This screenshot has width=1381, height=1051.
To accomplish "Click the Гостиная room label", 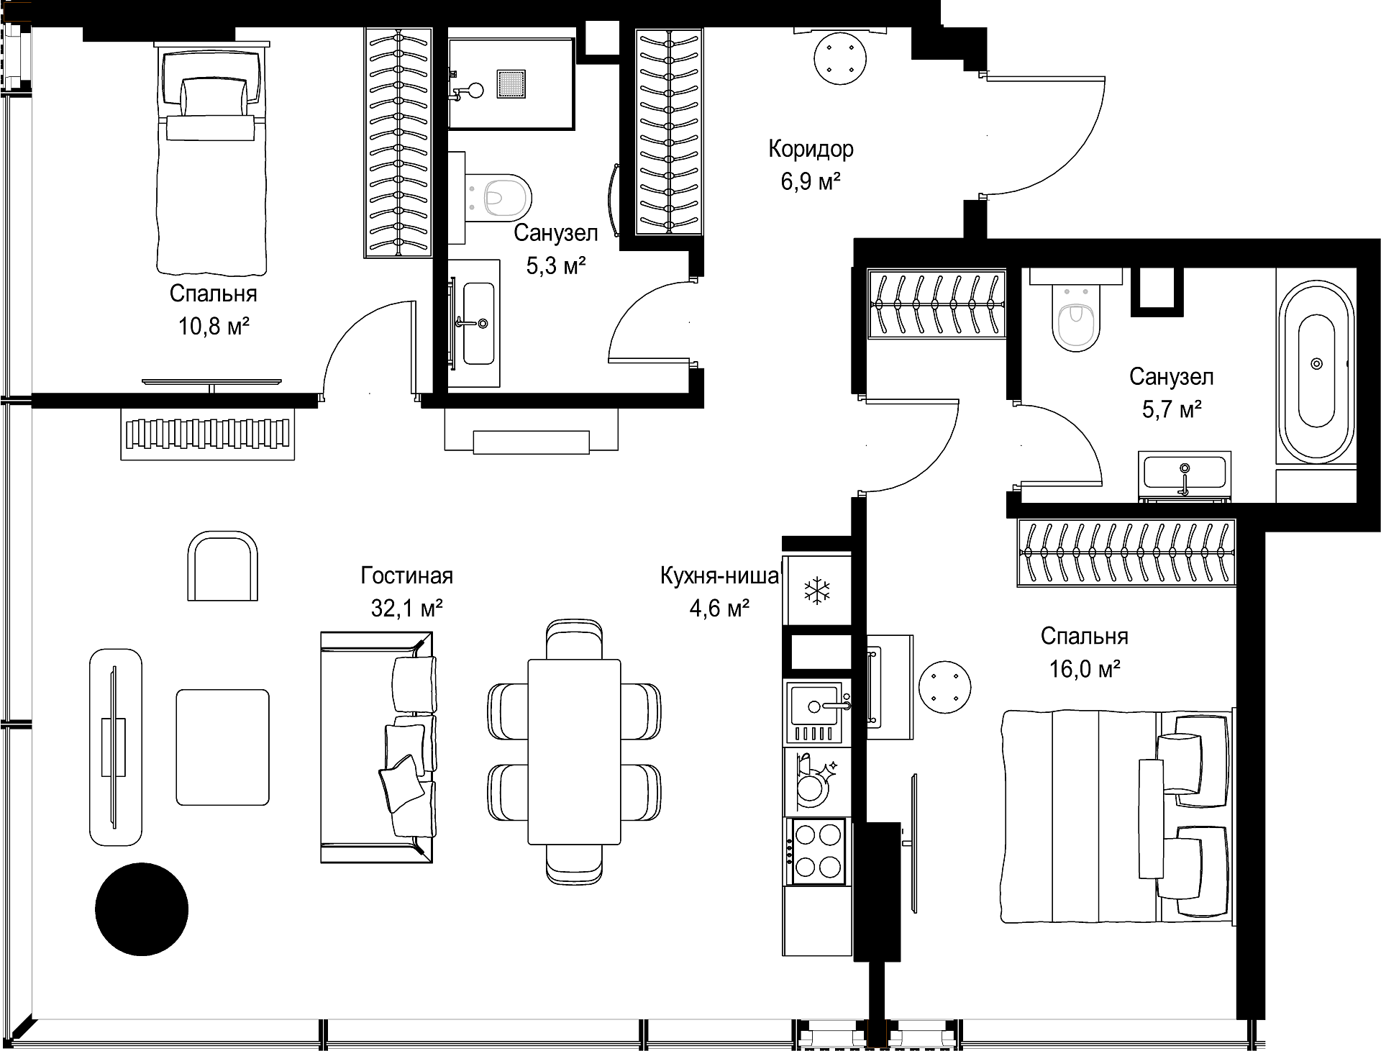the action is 407,576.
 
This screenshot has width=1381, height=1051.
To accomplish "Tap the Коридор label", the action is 811,149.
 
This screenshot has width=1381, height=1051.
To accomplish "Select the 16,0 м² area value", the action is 1085,669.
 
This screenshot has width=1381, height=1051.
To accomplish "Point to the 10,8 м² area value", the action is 214,327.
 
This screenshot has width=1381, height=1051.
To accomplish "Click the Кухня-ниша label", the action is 720,576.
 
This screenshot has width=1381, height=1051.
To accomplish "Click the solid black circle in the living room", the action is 142,909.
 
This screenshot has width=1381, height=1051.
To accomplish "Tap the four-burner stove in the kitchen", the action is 818,852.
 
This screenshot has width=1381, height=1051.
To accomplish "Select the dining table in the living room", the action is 574,752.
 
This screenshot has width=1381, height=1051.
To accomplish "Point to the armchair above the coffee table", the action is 222,565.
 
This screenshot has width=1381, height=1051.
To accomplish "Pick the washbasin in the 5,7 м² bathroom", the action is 1185,475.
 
